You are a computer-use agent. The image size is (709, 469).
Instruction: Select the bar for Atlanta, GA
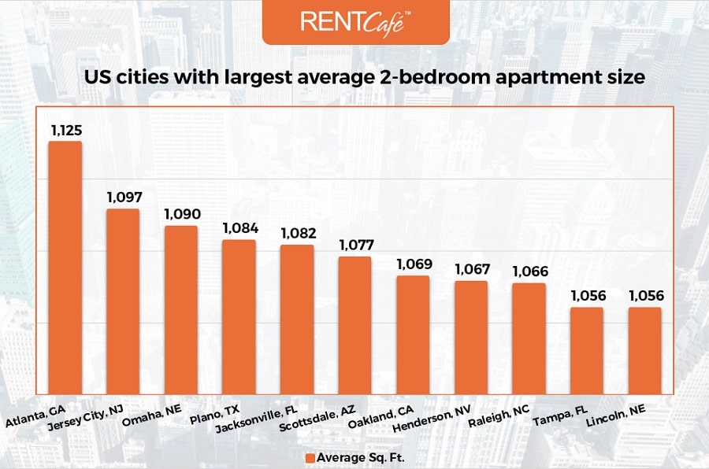pyautogui.click(x=65, y=268)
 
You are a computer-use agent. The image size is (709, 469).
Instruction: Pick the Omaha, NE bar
pyautogui.click(x=181, y=310)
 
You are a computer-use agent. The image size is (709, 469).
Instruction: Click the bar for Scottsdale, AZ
pyautogui.click(x=354, y=325)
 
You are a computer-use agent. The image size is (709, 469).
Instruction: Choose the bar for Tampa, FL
pyautogui.click(x=587, y=351)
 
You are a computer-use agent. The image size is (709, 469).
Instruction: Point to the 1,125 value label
pyautogui.click(x=65, y=129)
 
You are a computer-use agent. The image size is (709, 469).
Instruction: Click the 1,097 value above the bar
pyautogui.click(x=123, y=197)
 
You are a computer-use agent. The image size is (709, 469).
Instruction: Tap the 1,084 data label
pyautogui.click(x=239, y=228)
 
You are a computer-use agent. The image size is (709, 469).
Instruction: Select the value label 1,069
pyautogui.click(x=413, y=264)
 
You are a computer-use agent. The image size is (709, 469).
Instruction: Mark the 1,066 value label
pyautogui.click(x=529, y=271)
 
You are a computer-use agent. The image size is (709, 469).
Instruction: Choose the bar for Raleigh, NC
pyautogui.click(x=529, y=338)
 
